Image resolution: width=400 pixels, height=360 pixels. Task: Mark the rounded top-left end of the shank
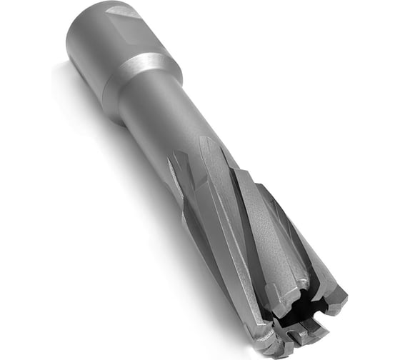(75, 21)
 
